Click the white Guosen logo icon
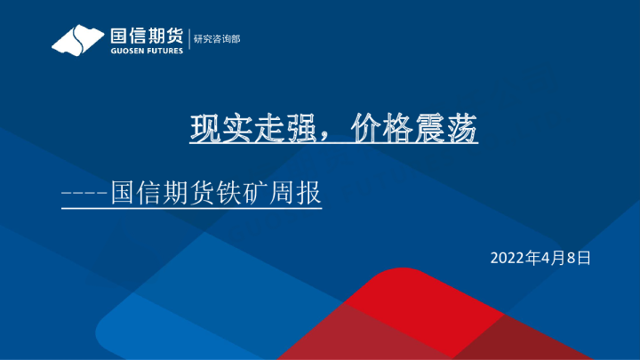tap(77, 40)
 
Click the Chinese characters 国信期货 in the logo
tap(146, 36)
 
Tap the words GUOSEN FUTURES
tap(146, 51)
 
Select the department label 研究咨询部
tap(217, 39)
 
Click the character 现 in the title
tap(206, 130)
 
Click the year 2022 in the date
tap(507, 259)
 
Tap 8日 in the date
tap(579, 259)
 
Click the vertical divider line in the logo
tap(188, 39)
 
